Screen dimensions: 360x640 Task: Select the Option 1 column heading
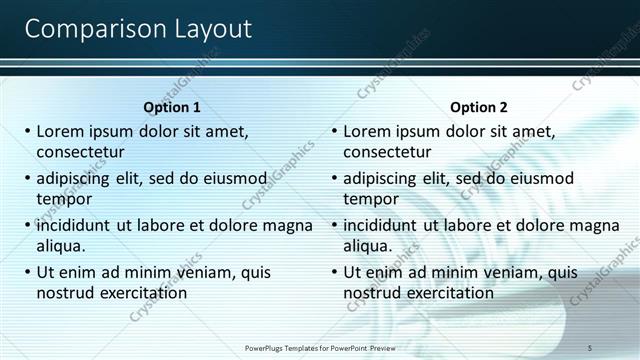[172, 107]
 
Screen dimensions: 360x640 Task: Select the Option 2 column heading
[479, 107]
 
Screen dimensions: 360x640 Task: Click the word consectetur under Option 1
[80, 152]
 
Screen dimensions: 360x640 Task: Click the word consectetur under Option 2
[387, 152]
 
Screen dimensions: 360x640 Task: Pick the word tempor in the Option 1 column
[64, 199]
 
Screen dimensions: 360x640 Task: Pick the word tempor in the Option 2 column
[371, 199]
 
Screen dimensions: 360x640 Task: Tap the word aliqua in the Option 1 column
[61, 246]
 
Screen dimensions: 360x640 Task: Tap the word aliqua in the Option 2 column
[368, 246]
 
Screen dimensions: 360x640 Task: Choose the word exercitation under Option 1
[144, 293]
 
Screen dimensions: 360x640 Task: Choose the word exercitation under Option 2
[451, 293]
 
